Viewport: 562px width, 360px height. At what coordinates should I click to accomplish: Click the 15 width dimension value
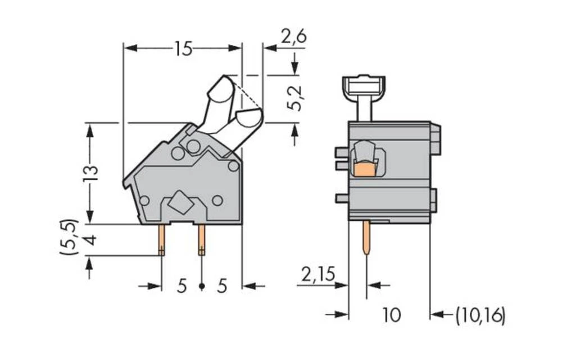coord(183,49)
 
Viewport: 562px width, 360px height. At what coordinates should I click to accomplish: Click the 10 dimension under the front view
coord(391,316)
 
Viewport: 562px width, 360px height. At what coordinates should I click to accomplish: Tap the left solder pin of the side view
coord(161,240)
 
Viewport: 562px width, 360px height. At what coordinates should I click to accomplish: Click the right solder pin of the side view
coord(201,240)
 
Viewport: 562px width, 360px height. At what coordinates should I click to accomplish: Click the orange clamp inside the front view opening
coord(365,168)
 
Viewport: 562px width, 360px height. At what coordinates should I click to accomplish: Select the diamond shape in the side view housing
coord(180,202)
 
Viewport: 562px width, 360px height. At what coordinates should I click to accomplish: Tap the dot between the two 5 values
coord(201,287)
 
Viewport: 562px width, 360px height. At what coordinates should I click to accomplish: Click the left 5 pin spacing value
coord(182,286)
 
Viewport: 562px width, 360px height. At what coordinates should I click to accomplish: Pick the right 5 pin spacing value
coord(222,286)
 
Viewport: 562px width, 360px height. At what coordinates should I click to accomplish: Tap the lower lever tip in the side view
coord(250,119)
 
